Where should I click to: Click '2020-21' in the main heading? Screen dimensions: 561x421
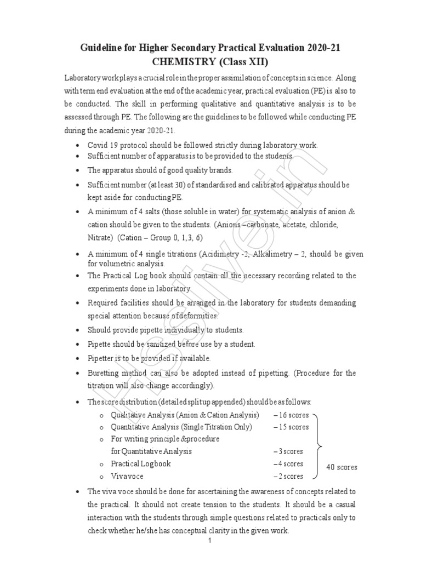pos(321,48)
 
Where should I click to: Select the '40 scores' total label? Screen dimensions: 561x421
pos(342,467)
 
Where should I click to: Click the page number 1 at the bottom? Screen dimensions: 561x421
pos(210,541)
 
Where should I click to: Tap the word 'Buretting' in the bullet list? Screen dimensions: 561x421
pos(104,373)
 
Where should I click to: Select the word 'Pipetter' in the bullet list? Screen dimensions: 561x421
pos(101,358)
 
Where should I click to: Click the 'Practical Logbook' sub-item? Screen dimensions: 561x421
pos(141,463)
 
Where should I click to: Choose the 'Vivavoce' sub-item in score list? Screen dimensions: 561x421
pos(127,476)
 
